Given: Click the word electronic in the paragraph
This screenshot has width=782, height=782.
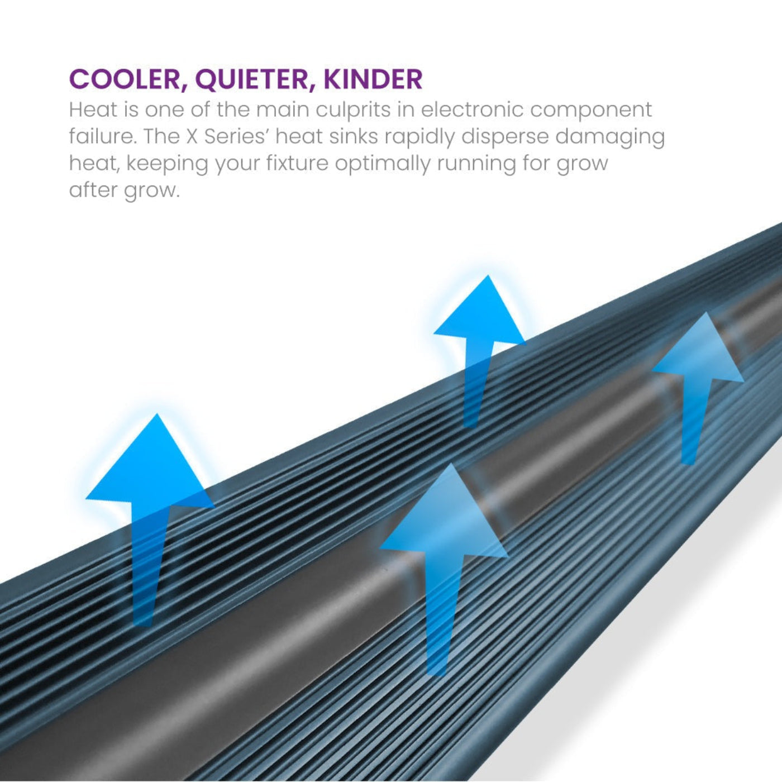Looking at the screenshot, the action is (x=471, y=109).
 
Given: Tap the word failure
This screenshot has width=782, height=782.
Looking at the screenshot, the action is (x=102, y=136).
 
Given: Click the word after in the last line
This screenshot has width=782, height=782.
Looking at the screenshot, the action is (x=93, y=190).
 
